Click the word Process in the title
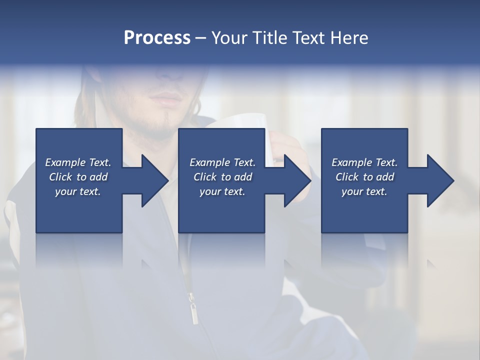click(157, 38)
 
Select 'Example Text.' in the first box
click(78, 162)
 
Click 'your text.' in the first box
click(78, 191)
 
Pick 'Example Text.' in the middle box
click(222, 162)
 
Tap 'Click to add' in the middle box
click(222, 177)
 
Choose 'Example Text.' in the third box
click(364, 162)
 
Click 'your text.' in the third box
click(364, 191)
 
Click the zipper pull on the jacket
click(192, 307)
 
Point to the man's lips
click(165, 97)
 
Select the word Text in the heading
click(310, 38)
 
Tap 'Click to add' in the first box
click(78, 177)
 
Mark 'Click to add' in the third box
click(364, 177)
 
